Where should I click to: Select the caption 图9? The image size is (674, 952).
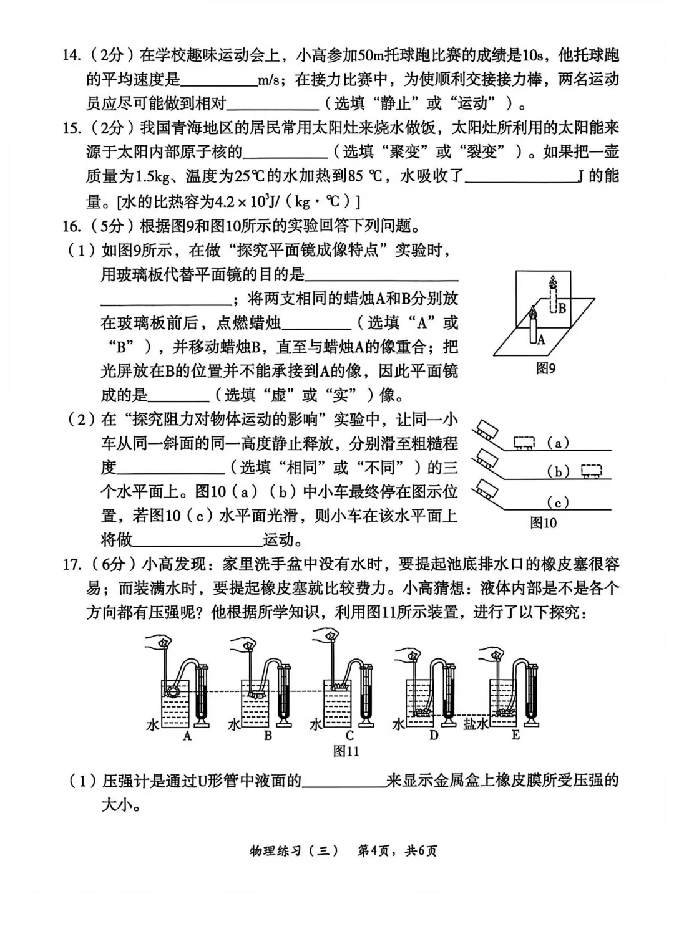click(545, 368)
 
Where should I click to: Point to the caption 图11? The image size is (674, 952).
click(346, 751)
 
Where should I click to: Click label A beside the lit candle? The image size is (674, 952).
click(541, 340)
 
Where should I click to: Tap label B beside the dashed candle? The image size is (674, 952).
click(562, 307)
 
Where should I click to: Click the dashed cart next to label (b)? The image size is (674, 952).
click(591, 471)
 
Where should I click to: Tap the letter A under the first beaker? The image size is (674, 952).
click(187, 736)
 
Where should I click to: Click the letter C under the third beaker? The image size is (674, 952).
click(349, 736)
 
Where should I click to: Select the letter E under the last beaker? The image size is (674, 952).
click(515, 736)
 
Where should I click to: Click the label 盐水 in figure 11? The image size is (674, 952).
click(476, 723)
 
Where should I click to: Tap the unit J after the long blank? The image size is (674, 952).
click(580, 177)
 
